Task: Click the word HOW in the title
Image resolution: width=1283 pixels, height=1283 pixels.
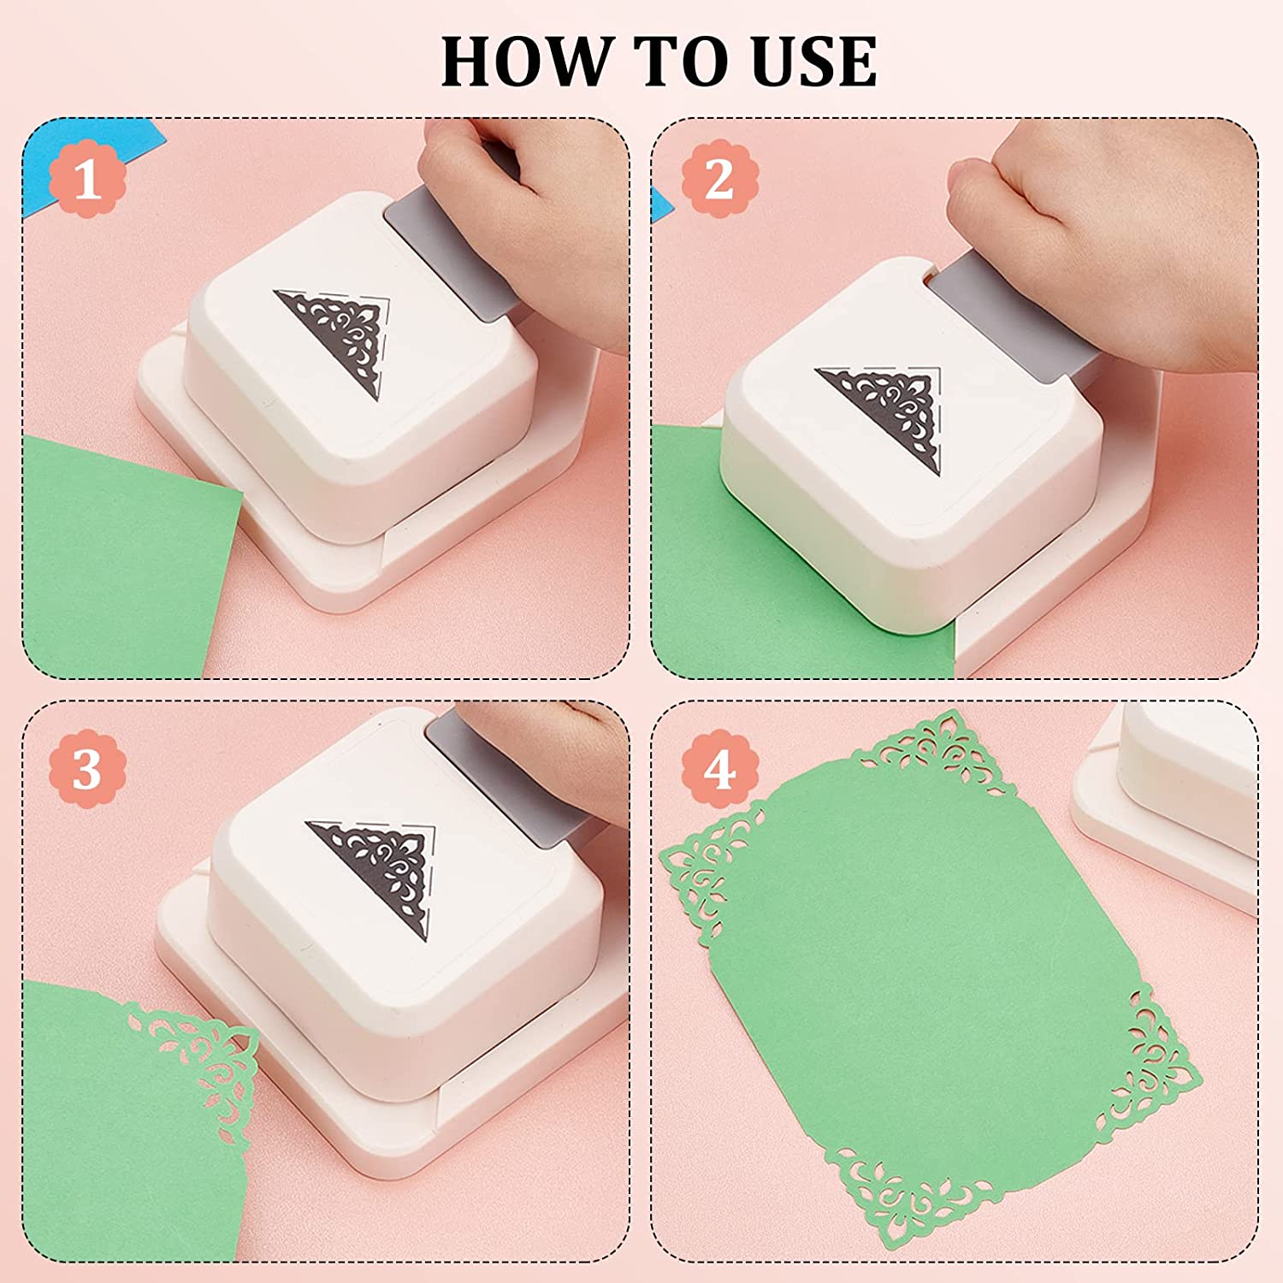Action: click(x=527, y=62)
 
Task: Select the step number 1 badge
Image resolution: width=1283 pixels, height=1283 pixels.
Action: click(x=87, y=180)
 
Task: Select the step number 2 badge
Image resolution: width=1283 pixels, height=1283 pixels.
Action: click(x=719, y=180)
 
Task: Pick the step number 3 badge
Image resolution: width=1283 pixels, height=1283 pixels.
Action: click(x=87, y=769)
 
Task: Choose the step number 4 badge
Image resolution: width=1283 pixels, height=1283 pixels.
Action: click(x=719, y=769)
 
